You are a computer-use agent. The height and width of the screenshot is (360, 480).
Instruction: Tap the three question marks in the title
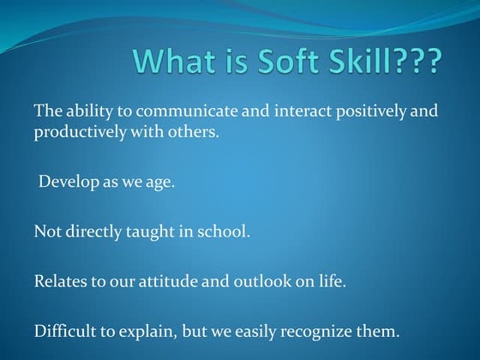(418, 62)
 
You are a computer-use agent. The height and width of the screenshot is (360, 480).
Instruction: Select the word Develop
(68, 183)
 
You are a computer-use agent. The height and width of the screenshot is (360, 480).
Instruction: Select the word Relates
(60, 281)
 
